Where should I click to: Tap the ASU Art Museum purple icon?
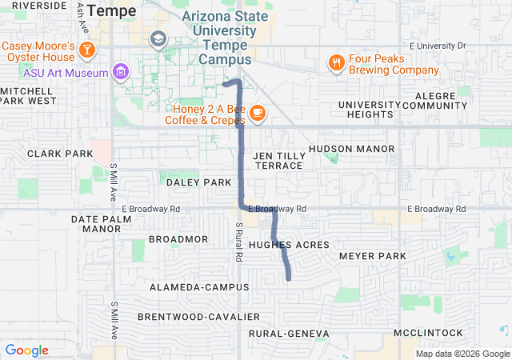[121, 73]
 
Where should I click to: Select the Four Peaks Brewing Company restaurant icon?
[336, 62]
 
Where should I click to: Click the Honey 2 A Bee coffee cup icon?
[257, 113]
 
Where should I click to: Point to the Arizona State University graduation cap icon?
[158, 38]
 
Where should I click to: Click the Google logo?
[26, 350]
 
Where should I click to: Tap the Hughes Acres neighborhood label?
[289, 244]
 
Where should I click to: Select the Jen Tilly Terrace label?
[278, 160]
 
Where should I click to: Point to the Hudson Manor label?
[351, 149]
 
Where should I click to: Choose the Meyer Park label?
[373, 256]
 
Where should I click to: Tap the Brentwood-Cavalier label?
[198, 317]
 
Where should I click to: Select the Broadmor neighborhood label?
[178, 239]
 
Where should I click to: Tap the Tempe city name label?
[112, 10]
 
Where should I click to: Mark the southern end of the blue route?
[288, 278]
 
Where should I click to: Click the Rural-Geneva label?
[289, 333]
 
